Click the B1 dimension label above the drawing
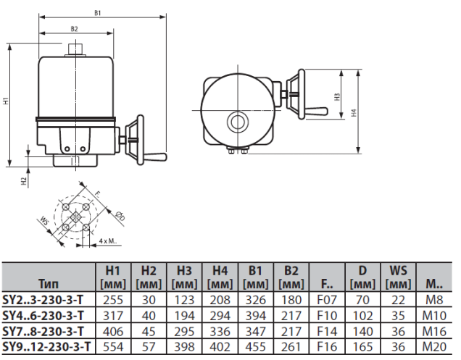[97, 13]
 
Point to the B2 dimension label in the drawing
[74, 29]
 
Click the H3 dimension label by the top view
[337, 96]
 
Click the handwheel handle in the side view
[154, 155]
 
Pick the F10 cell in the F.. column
[327, 316]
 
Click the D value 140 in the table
[363, 332]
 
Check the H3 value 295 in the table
[183, 332]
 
